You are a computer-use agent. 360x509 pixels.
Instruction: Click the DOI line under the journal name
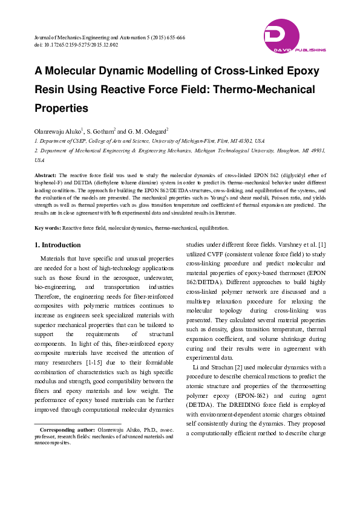click(76, 45)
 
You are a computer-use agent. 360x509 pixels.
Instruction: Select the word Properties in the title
click(61, 109)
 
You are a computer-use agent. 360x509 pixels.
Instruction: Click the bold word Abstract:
click(45, 175)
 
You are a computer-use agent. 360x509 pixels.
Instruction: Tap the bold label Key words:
click(47, 228)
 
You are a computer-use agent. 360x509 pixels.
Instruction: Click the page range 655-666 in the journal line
click(173, 37)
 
